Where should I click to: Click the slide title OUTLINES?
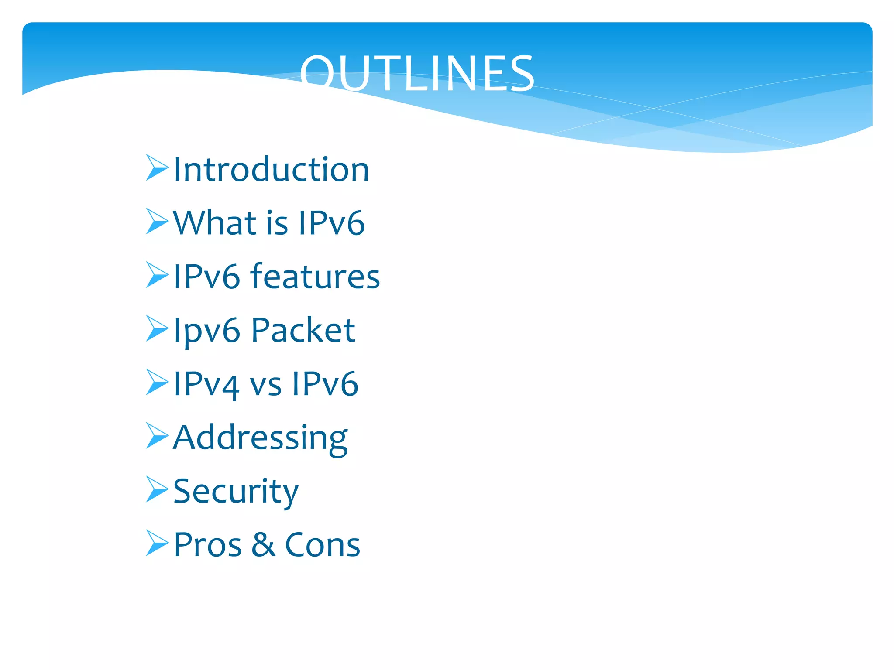(x=417, y=73)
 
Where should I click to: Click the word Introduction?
(x=271, y=169)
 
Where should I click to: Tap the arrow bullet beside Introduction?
(x=157, y=167)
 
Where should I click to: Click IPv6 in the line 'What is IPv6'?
(x=331, y=222)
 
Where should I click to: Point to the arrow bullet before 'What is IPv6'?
(x=157, y=221)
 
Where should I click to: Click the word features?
(x=315, y=276)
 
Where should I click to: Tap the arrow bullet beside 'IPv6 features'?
(x=157, y=275)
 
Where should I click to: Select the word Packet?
(x=303, y=330)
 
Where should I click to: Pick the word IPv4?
(x=206, y=384)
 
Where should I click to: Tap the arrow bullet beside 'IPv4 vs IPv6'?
(x=157, y=382)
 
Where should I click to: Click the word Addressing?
(x=260, y=438)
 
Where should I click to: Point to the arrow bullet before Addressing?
(x=157, y=436)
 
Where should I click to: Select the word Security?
(x=236, y=492)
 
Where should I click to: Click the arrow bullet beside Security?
(x=157, y=489)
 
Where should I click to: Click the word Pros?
(x=207, y=545)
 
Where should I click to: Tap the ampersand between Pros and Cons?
(x=263, y=545)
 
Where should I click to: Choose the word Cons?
(x=322, y=545)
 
